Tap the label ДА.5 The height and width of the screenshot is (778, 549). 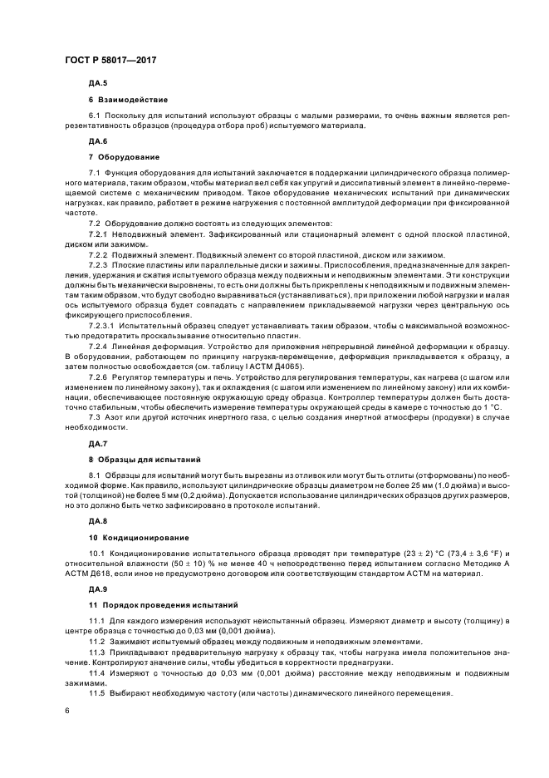(x=98, y=84)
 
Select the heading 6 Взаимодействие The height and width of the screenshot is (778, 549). (x=128, y=99)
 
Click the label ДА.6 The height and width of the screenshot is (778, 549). (x=98, y=141)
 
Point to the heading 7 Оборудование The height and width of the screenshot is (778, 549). (x=125, y=156)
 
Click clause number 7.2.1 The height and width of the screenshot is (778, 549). (x=100, y=234)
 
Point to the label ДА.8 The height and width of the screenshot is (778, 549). (x=98, y=522)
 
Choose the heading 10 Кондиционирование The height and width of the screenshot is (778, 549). (x=139, y=537)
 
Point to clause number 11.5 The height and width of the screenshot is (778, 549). (x=97, y=692)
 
